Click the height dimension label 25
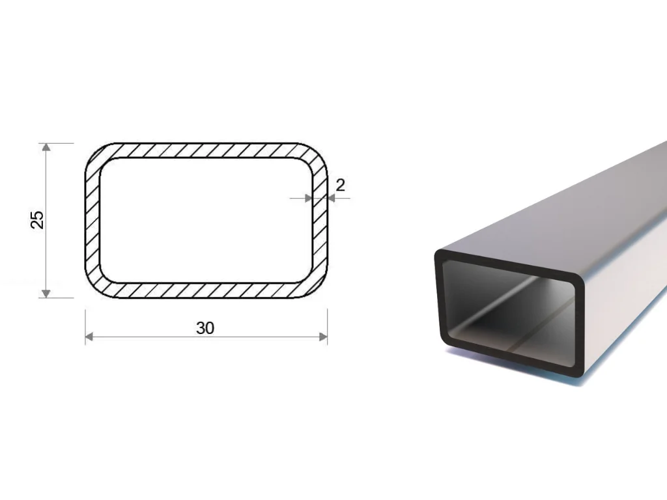coord(38,219)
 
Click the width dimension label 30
coord(205,328)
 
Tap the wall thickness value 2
coord(340,186)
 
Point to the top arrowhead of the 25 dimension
coord(46,147)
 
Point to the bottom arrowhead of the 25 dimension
coord(46,294)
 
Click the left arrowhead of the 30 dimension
coord(89,337)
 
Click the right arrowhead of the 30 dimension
coord(323,337)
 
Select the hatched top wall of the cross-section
coord(206,150)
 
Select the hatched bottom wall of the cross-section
coord(206,290)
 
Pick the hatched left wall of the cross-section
coord(92,220)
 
